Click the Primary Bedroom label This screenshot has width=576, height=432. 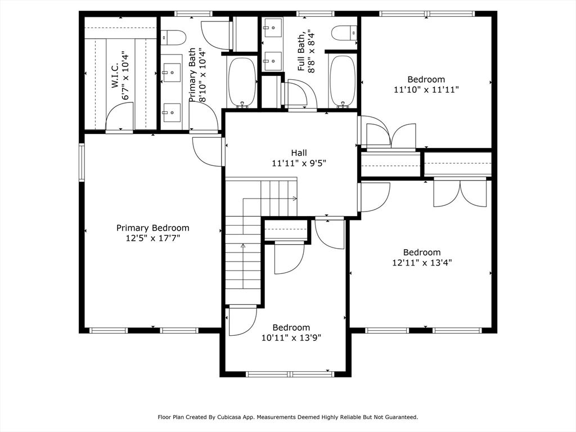(153, 228)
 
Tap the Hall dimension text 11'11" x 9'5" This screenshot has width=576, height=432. (299, 163)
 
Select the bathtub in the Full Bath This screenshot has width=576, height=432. (343, 81)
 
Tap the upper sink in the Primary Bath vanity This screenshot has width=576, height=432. (172, 73)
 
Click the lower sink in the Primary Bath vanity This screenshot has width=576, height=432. (172, 112)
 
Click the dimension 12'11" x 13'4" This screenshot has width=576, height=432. (422, 263)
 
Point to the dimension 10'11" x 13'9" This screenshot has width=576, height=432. (291, 337)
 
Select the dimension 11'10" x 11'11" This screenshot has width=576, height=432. (426, 89)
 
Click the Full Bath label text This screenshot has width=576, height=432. (301, 52)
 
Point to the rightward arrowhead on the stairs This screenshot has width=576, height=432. (295, 199)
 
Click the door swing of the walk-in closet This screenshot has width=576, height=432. (119, 116)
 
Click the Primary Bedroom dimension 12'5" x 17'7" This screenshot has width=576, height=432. (153, 238)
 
